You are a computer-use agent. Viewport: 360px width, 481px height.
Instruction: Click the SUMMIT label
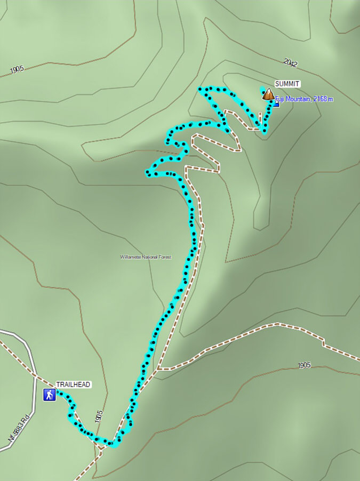pyautogui.click(x=287, y=84)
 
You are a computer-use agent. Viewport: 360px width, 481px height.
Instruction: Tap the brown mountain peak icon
pyautogui.click(x=268, y=95)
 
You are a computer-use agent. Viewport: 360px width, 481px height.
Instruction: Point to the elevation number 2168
pyautogui.click(x=317, y=99)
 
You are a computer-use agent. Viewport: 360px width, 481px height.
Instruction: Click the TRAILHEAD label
pyautogui.click(x=73, y=384)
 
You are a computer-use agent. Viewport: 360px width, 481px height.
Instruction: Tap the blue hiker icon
pyautogui.click(x=50, y=395)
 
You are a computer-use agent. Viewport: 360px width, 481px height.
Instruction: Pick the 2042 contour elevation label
pyautogui.click(x=291, y=63)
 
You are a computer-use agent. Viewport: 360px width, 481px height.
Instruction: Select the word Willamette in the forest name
pyautogui.click(x=130, y=257)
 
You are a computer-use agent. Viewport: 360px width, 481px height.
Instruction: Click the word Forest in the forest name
pyautogui.click(x=163, y=257)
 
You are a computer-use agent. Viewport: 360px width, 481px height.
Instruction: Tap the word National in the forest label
pyautogui.click(x=148, y=257)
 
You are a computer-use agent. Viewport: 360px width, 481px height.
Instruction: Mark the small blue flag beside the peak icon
pyautogui.click(x=276, y=104)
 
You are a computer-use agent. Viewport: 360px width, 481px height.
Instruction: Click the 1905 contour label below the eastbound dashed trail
pyautogui.click(x=304, y=365)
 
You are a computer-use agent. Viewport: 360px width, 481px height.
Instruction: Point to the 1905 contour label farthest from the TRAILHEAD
pyautogui.click(x=17, y=69)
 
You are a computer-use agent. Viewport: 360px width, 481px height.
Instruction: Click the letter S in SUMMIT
pyautogui.click(x=277, y=84)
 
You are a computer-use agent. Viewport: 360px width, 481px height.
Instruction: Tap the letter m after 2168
pyautogui.click(x=331, y=99)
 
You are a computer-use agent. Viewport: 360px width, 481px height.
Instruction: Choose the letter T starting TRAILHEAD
pyautogui.click(x=58, y=384)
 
